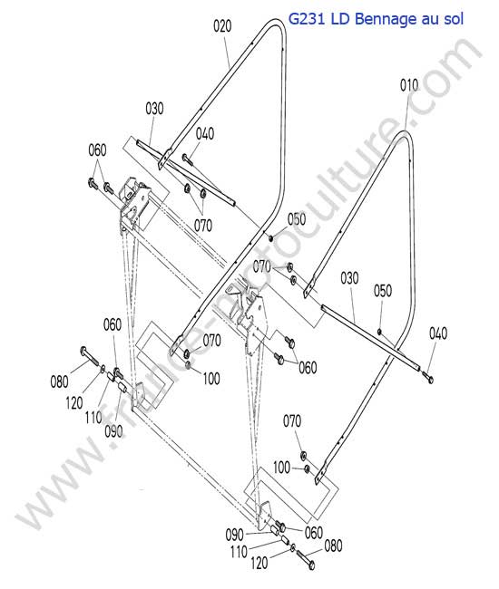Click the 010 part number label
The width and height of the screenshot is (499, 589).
pyautogui.click(x=409, y=85)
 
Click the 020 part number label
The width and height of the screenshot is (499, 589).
pyautogui.click(x=222, y=26)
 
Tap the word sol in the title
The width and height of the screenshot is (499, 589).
pyautogui.click(x=454, y=19)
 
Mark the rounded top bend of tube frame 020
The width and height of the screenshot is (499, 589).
pyautogui.click(x=277, y=24)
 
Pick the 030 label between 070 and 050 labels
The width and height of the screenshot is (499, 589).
pyautogui.click(x=349, y=278)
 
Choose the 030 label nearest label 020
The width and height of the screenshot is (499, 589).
pyautogui.click(x=154, y=109)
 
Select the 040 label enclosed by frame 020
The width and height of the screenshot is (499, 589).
pyautogui.click(x=205, y=133)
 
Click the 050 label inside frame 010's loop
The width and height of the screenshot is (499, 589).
pyautogui.click(x=383, y=290)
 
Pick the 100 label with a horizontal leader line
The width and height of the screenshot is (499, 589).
pyautogui.click(x=281, y=468)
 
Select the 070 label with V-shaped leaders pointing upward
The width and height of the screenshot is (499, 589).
pyautogui.click(x=203, y=226)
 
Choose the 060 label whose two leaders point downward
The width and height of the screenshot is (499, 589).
pyautogui.click(x=97, y=150)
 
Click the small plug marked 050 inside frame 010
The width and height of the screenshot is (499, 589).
pyautogui.click(x=380, y=331)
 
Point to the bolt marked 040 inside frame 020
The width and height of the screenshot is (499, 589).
pyautogui.click(x=187, y=159)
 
